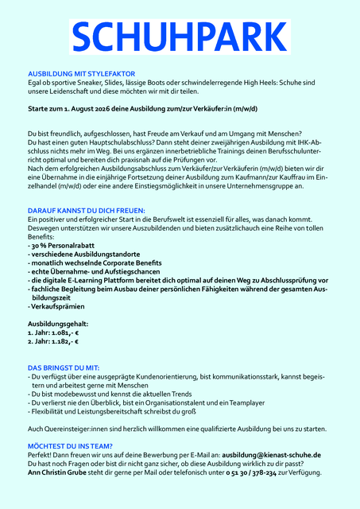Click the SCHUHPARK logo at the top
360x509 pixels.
coord(180,38)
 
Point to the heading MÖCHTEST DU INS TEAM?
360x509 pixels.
coord(70,446)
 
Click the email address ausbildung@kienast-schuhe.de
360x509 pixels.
coord(271,455)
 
